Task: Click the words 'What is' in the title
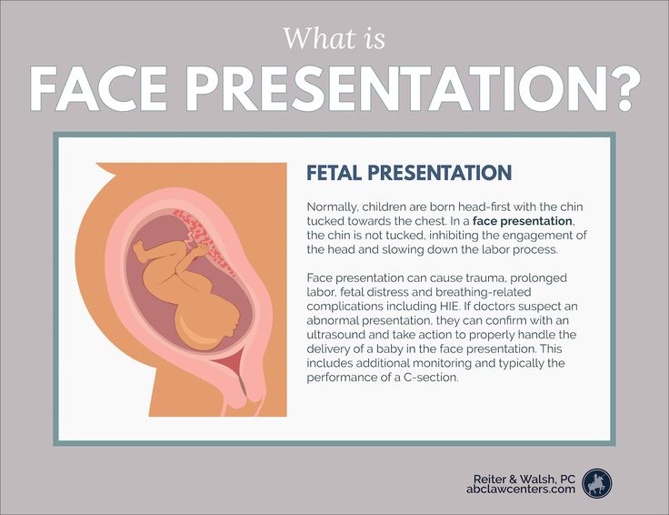[334, 38]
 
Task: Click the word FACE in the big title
[98, 89]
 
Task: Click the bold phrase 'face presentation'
[523, 221]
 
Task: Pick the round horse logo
[597, 483]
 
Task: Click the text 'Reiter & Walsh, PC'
[524, 479]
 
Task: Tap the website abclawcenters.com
[521, 489]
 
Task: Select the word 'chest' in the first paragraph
[430, 221]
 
